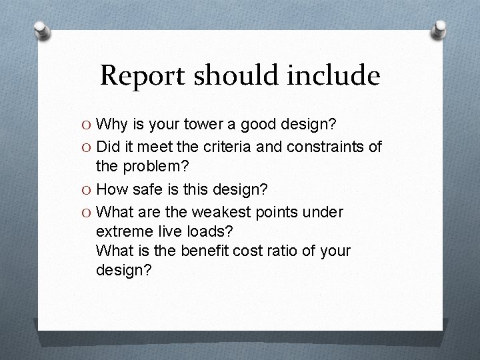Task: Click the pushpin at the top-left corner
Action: pyautogui.click(x=42, y=30)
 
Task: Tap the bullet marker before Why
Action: pyautogui.click(x=88, y=125)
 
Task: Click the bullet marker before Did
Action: pyautogui.click(x=88, y=146)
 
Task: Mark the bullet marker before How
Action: pyautogui.click(x=88, y=190)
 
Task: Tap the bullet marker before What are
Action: pyautogui.click(x=88, y=212)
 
